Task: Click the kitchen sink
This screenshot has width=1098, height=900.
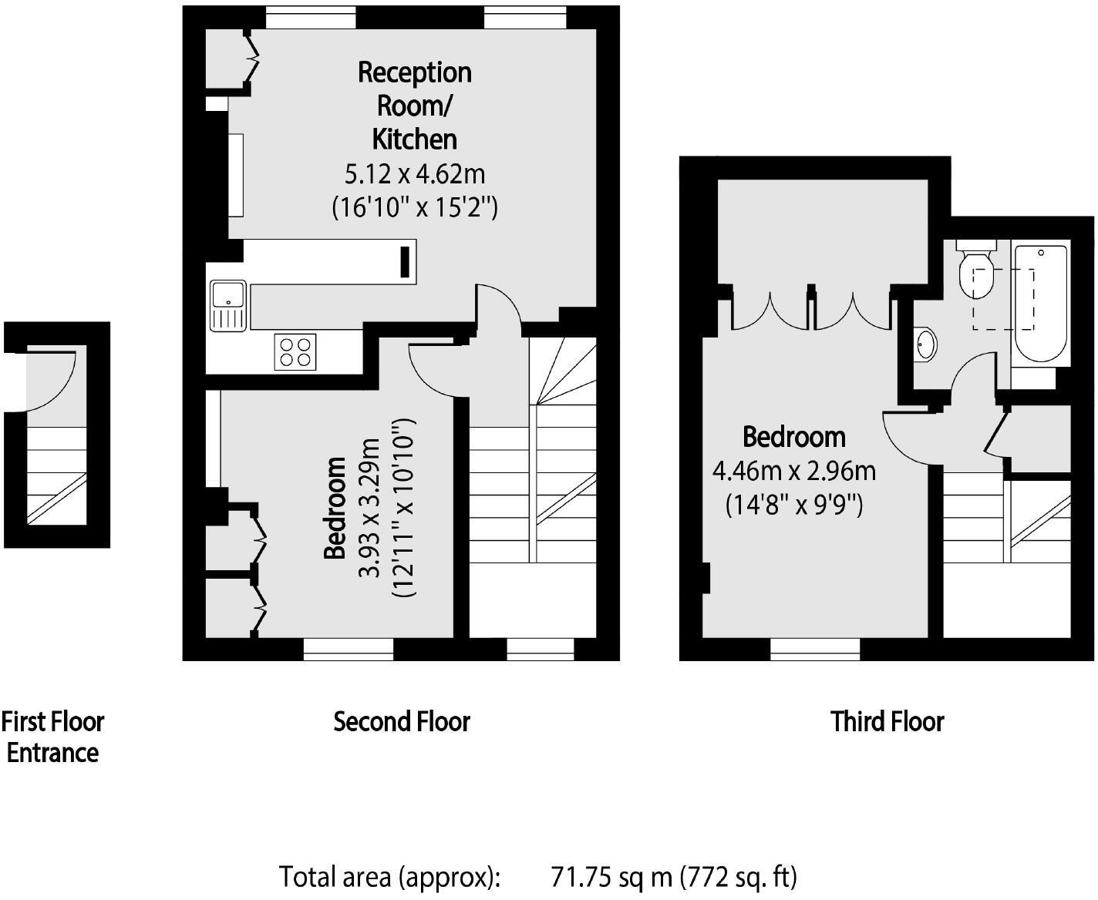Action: coord(227,305)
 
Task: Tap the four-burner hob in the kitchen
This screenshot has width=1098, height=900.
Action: coord(295,352)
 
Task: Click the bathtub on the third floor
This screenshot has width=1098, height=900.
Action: coord(1041,304)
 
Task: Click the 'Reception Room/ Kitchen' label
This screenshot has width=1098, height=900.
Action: coord(415,106)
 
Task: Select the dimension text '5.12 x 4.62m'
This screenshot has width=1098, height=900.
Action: coord(415,174)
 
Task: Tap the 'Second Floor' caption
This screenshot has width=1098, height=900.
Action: coord(402,722)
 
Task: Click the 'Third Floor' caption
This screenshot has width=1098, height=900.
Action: coord(887,722)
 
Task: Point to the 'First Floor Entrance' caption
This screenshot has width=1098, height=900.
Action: coord(52,737)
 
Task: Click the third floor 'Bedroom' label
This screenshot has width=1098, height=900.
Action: coord(793,437)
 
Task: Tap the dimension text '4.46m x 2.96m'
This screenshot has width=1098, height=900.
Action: coord(793,470)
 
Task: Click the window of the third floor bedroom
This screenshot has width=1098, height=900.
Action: coord(815,650)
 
